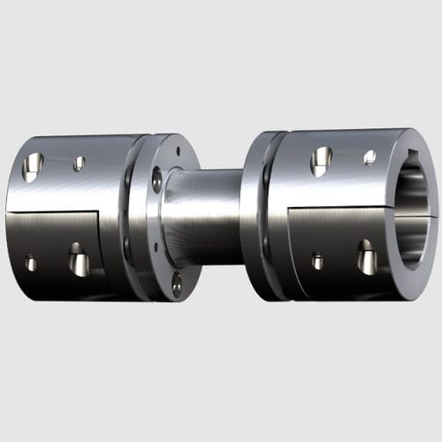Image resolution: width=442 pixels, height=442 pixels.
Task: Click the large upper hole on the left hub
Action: [33, 164]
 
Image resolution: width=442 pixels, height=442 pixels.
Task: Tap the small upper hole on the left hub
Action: [79, 164]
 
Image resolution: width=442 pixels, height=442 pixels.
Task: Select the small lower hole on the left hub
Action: [31, 263]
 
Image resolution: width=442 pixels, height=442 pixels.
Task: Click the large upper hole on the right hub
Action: [321, 160]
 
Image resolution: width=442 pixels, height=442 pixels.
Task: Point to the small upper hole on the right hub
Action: [370, 156]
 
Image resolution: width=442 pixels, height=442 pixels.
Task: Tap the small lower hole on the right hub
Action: [317, 261]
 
